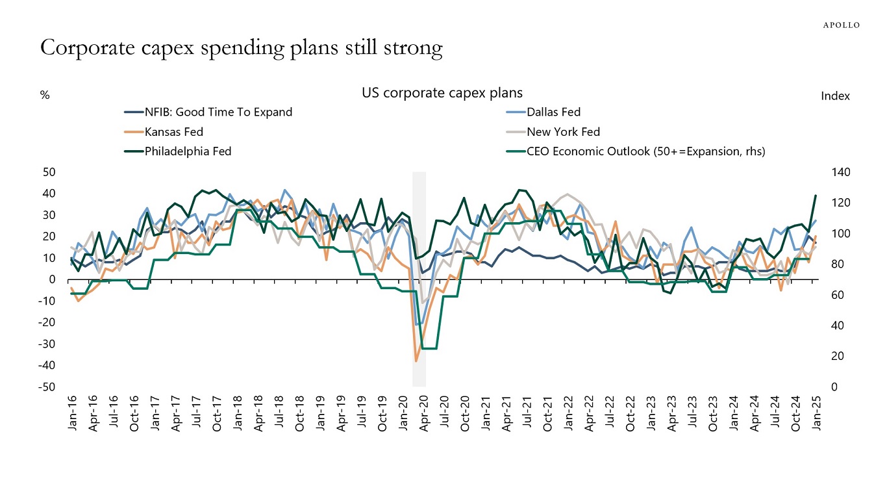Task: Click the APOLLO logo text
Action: (x=841, y=25)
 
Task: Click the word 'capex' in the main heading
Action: (x=180, y=49)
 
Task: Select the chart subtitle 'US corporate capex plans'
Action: (x=442, y=93)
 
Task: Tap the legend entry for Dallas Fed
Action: (x=553, y=112)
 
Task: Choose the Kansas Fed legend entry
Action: (x=174, y=132)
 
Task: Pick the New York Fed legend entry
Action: (x=563, y=132)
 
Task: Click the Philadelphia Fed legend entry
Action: (x=188, y=151)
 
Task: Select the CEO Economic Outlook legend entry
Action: (x=645, y=151)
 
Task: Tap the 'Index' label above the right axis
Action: (x=835, y=96)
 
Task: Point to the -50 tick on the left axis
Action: (x=49, y=387)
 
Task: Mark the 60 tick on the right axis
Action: (x=835, y=295)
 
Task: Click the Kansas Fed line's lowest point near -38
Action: (x=416, y=361)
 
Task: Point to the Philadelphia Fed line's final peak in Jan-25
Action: (x=816, y=196)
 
